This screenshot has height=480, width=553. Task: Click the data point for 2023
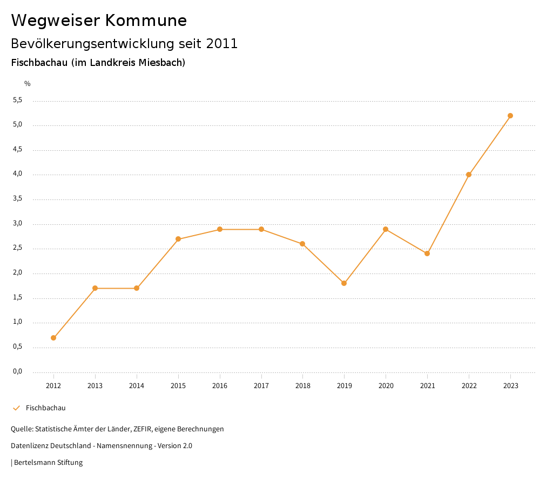pos(510,116)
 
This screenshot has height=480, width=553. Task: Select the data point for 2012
pos(53,338)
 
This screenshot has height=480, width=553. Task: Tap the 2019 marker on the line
pos(344,283)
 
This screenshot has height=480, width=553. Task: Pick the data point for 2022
pos(469,175)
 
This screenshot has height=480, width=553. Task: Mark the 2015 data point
pos(178,239)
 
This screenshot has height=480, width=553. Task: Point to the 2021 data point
pos(427,254)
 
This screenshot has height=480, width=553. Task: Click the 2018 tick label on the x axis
pos(302,385)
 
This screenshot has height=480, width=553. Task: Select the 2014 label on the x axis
pos(137,385)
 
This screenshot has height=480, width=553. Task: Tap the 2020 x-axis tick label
pos(386,385)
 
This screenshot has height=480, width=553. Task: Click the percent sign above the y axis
pos(28,83)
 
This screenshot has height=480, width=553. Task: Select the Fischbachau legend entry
pos(45,408)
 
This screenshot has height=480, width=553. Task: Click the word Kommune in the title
pos(146,21)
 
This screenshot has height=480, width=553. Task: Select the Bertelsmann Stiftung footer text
pos(48,462)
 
